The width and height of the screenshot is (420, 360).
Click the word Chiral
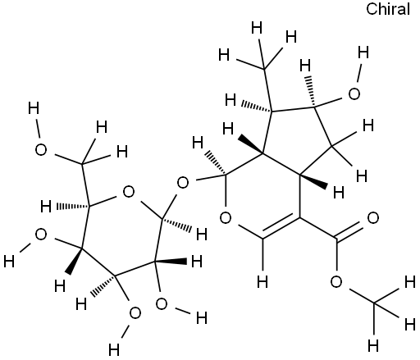[388, 9]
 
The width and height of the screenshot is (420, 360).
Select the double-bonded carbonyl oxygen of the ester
[373, 218]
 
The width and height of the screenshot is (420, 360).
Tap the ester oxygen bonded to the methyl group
[336, 281]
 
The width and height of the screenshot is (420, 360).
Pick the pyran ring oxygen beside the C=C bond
[226, 218]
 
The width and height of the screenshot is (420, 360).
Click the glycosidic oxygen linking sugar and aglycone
[183, 183]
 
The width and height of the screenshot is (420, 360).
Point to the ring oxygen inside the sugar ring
[129, 192]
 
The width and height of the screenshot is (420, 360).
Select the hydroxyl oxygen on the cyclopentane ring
[354, 93]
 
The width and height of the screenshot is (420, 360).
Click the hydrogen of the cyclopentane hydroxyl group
[363, 52]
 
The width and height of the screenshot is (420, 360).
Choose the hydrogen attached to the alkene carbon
[262, 281]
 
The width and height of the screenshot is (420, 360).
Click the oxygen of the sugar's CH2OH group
[41, 150]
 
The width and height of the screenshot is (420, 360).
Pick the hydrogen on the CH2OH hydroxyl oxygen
[34, 108]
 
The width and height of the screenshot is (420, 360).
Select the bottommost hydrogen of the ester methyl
[373, 345]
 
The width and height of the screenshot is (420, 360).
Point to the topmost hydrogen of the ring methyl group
[257, 28]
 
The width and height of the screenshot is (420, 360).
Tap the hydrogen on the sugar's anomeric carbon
[202, 235]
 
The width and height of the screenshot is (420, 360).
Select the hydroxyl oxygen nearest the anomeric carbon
[162, 303]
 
